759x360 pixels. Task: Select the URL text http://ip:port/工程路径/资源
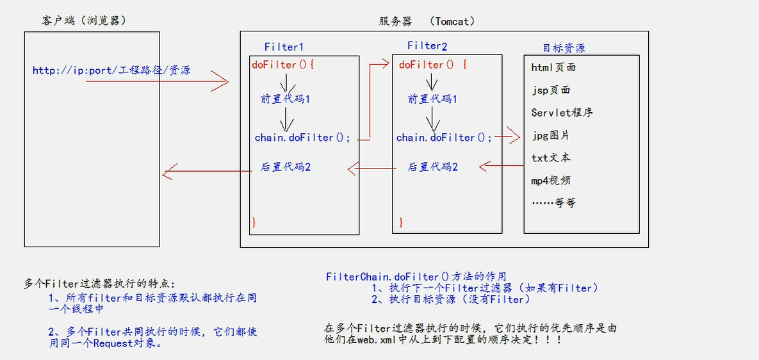[111, 70]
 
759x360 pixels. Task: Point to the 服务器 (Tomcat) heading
[427, 21]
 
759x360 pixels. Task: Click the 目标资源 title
[564, 47]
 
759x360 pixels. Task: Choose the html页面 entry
[553, 67]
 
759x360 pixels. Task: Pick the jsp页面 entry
[551, 90]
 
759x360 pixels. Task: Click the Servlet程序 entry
[562, 113]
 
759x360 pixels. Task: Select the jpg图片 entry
[550, 135]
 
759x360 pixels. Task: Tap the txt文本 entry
[551, 158]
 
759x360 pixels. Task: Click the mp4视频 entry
[551, 181]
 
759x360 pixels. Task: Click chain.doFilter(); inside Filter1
[303, 138]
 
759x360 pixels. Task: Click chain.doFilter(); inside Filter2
[444, 138]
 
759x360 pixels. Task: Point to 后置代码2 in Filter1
[286, 167]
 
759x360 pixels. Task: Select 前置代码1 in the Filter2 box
[433, 99]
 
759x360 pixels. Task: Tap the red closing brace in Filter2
[402, 222]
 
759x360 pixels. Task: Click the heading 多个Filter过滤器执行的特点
[99, 283]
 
